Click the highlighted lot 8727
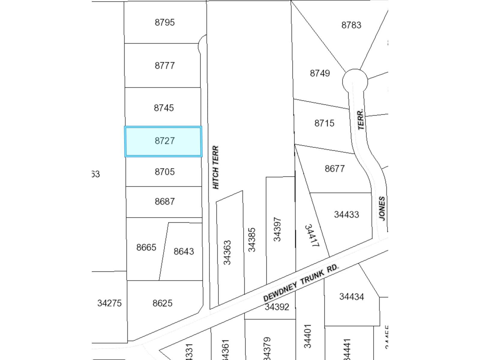pyautogui.click(x=164, y=141)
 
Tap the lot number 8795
pyautogui.click(x=165, y=22)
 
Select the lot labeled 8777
pyautogui.click(x=165, y=65)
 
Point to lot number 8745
pyautogui.click(x=164, y=108)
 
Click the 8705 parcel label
pyautogui.click(x=164, y=172)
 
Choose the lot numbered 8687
pyautogui.click(x=165, y=201)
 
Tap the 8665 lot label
pyautogui.click(x=146, y=247)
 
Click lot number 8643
pyautogui.click(x=184, y=251)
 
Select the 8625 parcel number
pyautogui.click(x=162, y=303)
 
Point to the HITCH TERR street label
pyautogui.click(x=216, y=167)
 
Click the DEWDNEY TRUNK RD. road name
pyautogui.click(x=301, y=283)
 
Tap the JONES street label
pyautogui.click(x=382, y=208)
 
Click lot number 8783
pyautogui.click(x=351, y=25)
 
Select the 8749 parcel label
pyautogui.click(x=320, y=73)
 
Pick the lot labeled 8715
pyautogui.click(x=324, y=123)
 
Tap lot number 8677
pyautogui.click(x=334, y=169)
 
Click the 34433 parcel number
pyautogui.click(x=346, y=214)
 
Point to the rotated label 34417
pyautogui.click(x=311, y=235)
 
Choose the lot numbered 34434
pyautogui.click(x=352, y=297)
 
